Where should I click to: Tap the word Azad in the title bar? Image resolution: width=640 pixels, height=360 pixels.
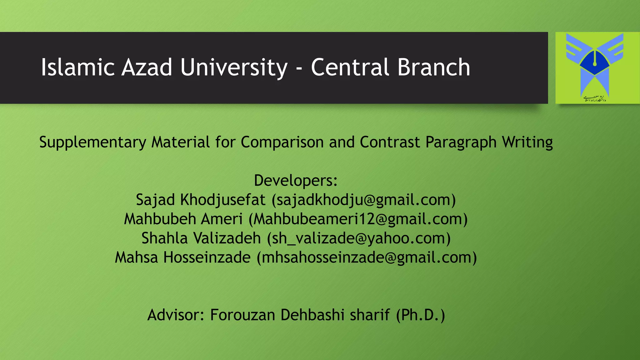point(147,67)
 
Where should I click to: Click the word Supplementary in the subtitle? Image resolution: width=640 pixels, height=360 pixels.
point(92,142)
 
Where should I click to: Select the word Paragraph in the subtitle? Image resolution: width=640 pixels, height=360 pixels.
point(461,142)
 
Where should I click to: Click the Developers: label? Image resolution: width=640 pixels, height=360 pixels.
point(296,180)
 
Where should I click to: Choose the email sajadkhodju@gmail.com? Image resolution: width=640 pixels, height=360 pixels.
point(364,200)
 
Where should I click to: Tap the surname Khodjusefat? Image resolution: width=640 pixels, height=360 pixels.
point(223,200)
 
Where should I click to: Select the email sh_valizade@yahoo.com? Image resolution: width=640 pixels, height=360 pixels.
point(359,238)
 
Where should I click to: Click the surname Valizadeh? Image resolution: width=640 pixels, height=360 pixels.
point(227,238)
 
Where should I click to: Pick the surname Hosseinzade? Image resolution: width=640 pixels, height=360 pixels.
point(207,257)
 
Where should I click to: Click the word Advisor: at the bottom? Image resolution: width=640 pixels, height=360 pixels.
point(176,315)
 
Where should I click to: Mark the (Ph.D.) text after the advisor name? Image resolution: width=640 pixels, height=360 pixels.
point(420,315)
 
